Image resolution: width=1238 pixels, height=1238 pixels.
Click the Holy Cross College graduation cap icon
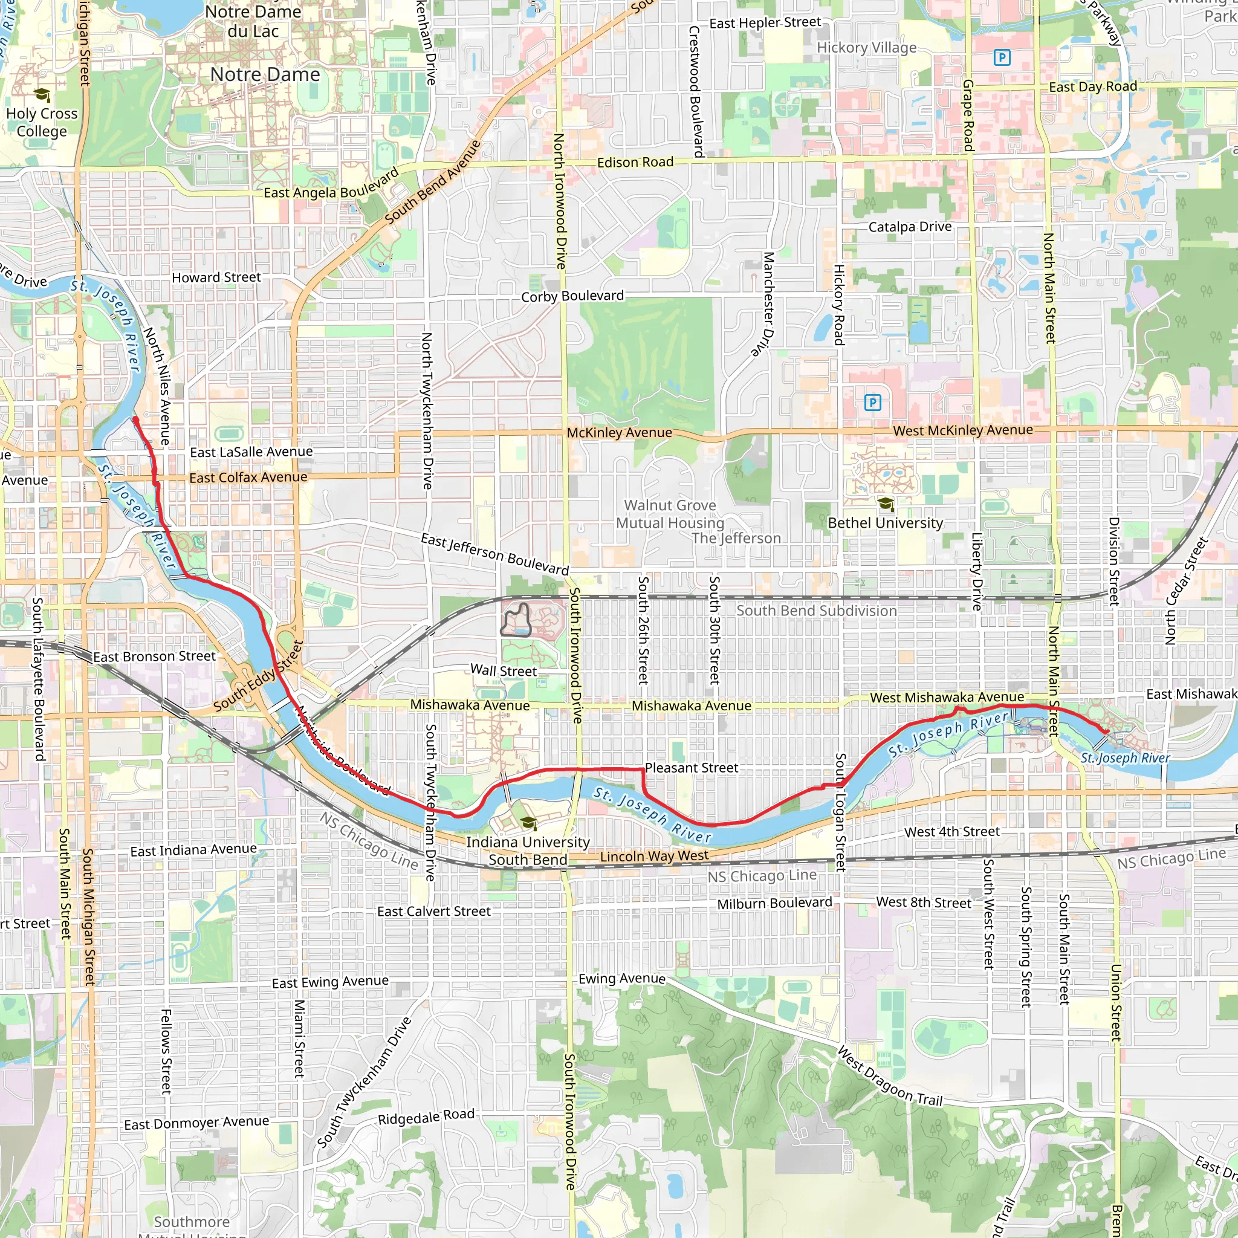pyautogui.click(x=42, y=96)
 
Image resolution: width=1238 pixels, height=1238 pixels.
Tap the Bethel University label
pyautogui.click(x=885, y=523)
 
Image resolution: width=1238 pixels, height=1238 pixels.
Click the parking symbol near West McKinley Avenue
pyautogui.click(x=873, y=403)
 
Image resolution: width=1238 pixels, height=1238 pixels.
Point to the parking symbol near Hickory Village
pyautogui.click(x=1002, y=57)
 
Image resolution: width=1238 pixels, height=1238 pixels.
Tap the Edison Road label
pyautogui.click(x=635, y=163)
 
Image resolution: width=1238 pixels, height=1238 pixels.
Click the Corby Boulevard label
pyautogui.click(x=572, y=296)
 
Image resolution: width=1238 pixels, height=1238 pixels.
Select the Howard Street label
pyautogui.click(x=216, y=277)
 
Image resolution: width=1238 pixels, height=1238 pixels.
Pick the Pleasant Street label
pyautogui.click(x=692, y=768)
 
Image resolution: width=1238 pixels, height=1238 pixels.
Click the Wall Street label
pyautogui.click(x=504, y=670)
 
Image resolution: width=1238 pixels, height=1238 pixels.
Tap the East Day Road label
pyautogui.click(x=1092, y=86)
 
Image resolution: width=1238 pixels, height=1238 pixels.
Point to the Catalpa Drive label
pyautogui.click(x=909, y=227)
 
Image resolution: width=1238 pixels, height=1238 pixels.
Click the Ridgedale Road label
pyautogui.click(x=426, y=1117)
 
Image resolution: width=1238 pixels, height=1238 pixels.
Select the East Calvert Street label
pyautogui.click(x=434, y=911)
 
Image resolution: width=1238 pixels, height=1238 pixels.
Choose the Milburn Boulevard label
pyautogui.click(x=774, y=904)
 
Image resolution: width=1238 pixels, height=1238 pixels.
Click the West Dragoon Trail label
pyautogui.click(x=890, y=1077)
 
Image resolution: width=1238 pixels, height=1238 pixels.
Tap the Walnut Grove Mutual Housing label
pyautogui.click(x=670, y=514)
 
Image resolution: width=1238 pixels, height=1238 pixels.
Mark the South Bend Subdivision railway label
pyautogui.click(x=816, y=611)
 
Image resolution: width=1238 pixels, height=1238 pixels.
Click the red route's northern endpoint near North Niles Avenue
pyautogui.click(x=135, y=420)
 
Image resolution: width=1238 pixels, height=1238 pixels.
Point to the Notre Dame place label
pyautogui.click(x=265, y=75)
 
